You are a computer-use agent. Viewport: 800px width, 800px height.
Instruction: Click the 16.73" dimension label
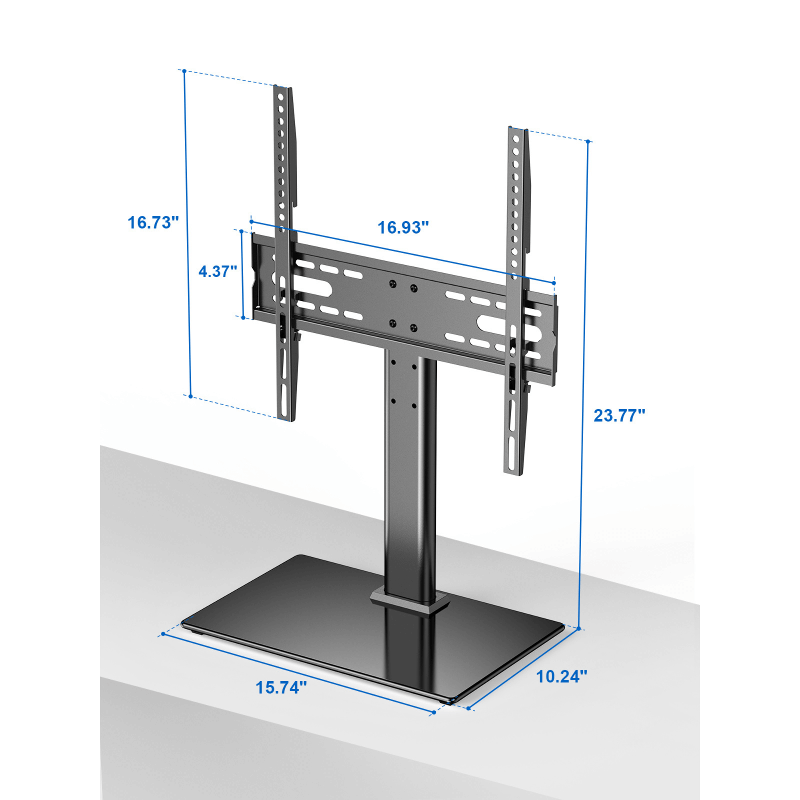(x=153, y=223)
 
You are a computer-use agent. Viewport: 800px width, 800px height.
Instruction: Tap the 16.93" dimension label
(x=403, y=227)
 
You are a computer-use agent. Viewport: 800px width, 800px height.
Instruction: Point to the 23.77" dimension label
(x=620, y=415)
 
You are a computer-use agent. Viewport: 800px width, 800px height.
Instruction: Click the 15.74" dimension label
(x=281, y=688)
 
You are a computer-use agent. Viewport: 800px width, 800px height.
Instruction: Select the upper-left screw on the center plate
(x=392, y=284)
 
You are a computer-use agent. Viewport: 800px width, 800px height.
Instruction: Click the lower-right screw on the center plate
(x=413, y=328)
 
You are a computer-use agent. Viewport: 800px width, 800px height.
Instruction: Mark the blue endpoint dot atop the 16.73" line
(x=184, y=71)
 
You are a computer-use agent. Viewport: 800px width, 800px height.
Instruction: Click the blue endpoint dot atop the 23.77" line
(x=588, y=142)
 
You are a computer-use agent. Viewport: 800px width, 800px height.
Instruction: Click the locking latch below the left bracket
(x=296, y=336)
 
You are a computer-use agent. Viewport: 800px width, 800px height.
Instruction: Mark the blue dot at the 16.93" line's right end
(x=554, y=283)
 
